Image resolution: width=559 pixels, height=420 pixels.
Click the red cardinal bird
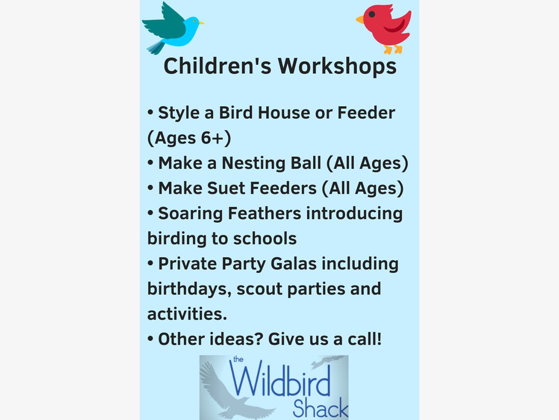click(385, 28)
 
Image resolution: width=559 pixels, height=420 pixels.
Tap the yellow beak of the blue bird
click(201, 23)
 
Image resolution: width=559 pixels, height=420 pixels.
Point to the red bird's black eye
click(372, 14)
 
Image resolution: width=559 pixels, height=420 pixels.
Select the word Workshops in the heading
click(337, 66)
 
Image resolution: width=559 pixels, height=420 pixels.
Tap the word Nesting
click(253, 163)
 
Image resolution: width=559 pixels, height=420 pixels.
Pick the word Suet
click(226, 188)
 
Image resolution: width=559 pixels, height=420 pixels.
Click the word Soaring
click(190, 213)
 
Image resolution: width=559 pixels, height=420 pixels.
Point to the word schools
click(265, 238)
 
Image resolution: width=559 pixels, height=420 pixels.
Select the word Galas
click(293, 263)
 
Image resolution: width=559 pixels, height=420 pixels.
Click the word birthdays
click(190, 289)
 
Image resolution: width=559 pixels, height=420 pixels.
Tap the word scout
click(259, 289)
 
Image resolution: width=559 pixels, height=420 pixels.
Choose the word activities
click(187, 314)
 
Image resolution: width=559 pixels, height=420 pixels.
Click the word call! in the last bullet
click(365, 339)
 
